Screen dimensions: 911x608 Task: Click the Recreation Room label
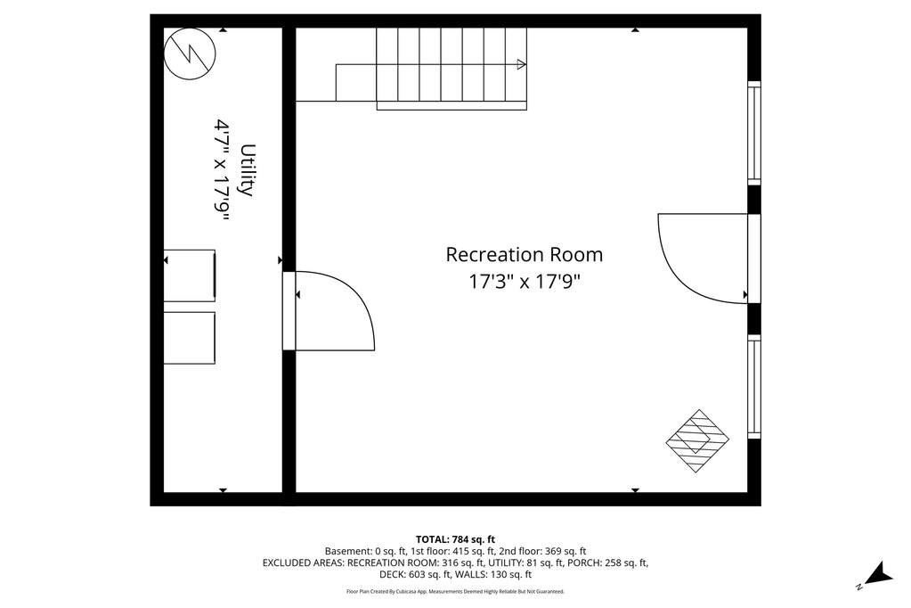pos(524,254)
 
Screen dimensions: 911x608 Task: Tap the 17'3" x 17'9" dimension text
pos(525,283)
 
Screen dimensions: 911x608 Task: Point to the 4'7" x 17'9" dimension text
pos(223,170)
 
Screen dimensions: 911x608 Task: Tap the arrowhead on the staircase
pos(522,64)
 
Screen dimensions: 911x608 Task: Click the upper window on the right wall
pos(753,133)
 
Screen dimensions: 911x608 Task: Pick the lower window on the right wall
pos(753,386)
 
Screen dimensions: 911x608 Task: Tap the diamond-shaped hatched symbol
pos(697,440)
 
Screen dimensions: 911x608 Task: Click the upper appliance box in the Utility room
pos(190,275)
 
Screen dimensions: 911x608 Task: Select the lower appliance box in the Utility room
pos(190,338)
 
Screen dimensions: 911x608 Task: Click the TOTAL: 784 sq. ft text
pos(455,539)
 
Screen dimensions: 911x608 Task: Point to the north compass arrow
pos(878,573)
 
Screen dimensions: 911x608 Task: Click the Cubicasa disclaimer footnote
pos(455,591)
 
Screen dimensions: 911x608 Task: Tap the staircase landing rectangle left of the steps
pos(356,83)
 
